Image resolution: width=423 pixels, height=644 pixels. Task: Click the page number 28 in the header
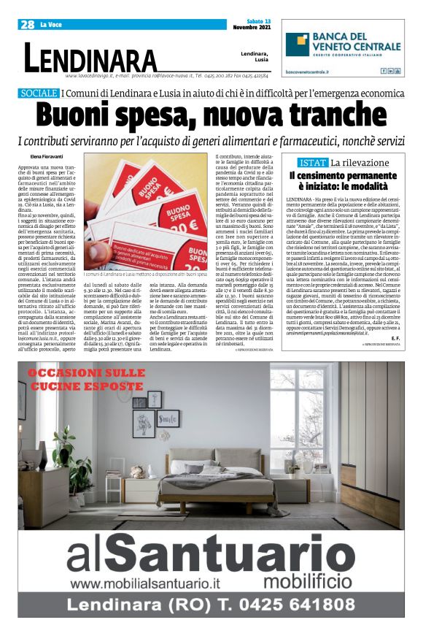(28, 24)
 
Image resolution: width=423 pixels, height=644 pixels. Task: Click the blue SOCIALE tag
(39, 93)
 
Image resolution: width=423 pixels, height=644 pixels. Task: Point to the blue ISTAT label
(314, 163)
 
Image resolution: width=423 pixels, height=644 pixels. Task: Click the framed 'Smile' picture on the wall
(168, 418)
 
